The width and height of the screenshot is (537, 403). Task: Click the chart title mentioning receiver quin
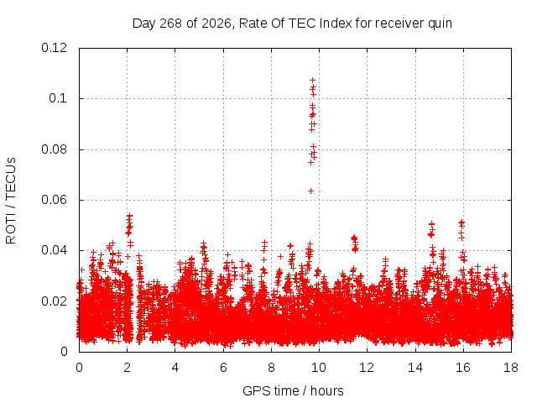(x=292, y=24)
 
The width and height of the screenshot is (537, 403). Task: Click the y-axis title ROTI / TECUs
(x=11, y=201)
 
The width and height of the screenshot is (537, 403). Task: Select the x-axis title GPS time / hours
(x=293, y=390)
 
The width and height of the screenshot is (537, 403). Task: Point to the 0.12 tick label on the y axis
(x=54, y=48)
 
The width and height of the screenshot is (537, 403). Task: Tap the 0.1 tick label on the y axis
(x=58, y=98)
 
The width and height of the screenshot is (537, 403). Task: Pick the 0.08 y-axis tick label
(x=54, y=149)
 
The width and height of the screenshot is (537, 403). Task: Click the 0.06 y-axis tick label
(x=54, y=200)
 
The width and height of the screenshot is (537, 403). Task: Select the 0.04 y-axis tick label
(x=54, y=250)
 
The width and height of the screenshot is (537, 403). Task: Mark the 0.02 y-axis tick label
(x=54, y=301)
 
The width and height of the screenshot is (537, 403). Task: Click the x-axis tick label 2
(x=127, y=368)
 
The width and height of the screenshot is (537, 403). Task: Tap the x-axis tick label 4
(x=175, y=368)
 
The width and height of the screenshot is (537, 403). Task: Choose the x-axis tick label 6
(x=223, y=368)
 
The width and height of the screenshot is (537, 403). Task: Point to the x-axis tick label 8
(x=271, y=368)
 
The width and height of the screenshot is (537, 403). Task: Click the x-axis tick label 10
(x=319, y=368)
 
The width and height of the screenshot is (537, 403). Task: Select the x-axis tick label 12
(x=367, y=368)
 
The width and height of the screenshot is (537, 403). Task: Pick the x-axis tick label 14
(x=415, y=368)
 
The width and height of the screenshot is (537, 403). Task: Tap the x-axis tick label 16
(x=463, y=368)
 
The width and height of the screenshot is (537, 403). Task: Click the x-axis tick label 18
(x=511, y=368)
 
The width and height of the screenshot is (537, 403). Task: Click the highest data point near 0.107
(x=312, y=81)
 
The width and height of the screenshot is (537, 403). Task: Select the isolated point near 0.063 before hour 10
(x=310, y=191)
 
